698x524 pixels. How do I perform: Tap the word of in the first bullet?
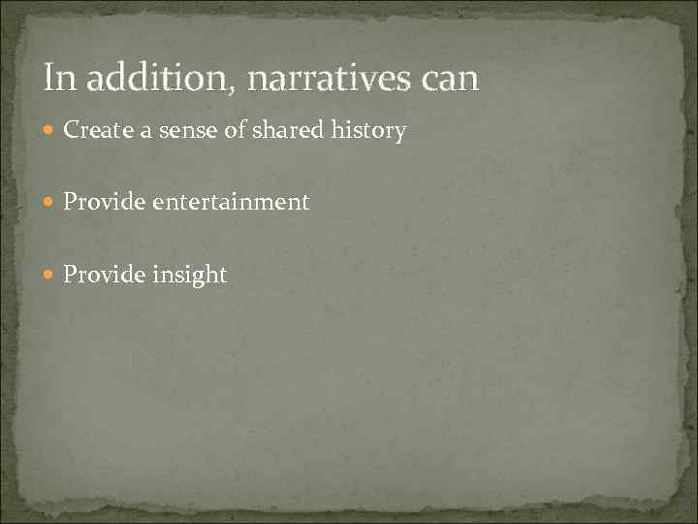[x=236, y=130]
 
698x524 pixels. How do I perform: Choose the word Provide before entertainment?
[x=101, y=202]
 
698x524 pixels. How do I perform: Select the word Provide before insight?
[x=101, y=275]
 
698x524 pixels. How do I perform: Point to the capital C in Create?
[x=71, y=130]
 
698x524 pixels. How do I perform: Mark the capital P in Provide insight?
[x=70, y=275]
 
